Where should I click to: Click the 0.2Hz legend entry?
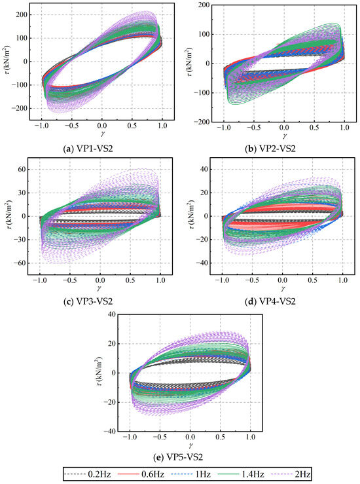tap(87, 474)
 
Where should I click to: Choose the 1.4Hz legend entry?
tap(241, 474)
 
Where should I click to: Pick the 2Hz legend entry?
tap(291, 474)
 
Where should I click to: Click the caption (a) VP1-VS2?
tap(88, 149)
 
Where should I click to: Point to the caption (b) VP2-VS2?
tap(270, 149)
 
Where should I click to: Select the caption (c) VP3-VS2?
tap(88, 301)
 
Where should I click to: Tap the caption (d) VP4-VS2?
tap(270, 301)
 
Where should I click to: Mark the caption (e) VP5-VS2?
tap(178, 457)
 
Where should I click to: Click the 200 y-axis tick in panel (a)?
tap(21, 15)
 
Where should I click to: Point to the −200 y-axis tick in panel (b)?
tap(202, 122)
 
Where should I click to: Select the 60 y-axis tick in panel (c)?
tap(22, 170)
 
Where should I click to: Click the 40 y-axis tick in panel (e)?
tap(111, 314)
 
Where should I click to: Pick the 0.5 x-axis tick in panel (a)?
tap(132, 126)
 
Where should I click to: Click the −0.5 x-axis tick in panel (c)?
tap(70, 280)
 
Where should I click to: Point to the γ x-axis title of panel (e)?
tap(190, 445)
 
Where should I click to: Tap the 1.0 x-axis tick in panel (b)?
tap(344, 128)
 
